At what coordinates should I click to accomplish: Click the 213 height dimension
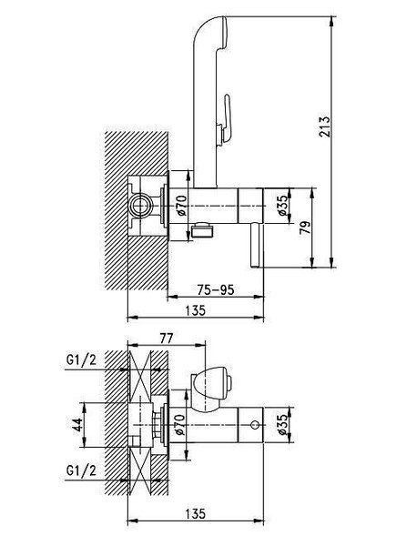coord(323,126)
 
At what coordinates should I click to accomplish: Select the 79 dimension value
coord(306,228)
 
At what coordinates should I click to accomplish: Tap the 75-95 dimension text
coord(216,289)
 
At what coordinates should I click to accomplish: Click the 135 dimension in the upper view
coord(196,310)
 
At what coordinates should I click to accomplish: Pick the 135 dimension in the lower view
coord(196,513)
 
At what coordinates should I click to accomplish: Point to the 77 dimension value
coord(166,338)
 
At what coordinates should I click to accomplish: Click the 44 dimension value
coord(77,424)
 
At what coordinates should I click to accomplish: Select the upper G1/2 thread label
coord(81,360)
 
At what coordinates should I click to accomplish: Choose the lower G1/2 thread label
coord(81,470)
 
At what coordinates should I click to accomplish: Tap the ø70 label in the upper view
coord(181,206)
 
